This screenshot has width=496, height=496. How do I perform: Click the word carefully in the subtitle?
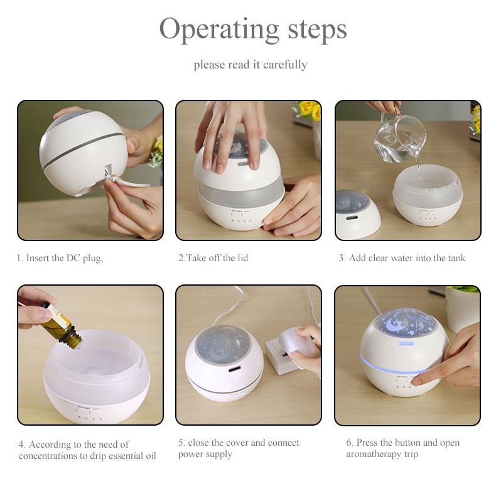click(x=284, y=65)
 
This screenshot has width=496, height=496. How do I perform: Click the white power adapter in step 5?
click(x=294, y=344)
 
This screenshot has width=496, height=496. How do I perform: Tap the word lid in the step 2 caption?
click(x=242, y=258)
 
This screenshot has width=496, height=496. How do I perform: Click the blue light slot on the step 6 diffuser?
click(x=406, y=343)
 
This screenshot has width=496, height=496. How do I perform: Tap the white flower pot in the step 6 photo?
click(x=463, y=308)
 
